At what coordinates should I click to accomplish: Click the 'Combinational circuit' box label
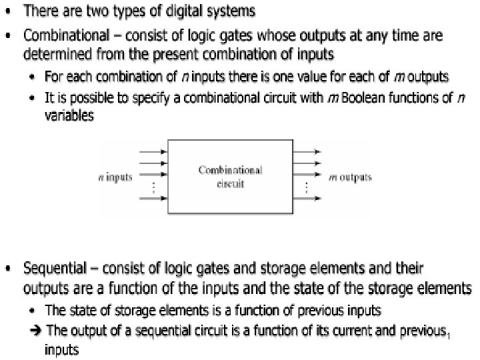230,176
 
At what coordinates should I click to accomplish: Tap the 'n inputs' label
115,177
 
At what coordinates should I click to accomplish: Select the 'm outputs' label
351,177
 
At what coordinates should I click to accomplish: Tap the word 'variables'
69,115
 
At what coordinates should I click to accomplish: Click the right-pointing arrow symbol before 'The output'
37,330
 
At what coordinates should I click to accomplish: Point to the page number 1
449,335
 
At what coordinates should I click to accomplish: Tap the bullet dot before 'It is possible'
34,98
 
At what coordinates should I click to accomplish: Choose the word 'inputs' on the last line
61,349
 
